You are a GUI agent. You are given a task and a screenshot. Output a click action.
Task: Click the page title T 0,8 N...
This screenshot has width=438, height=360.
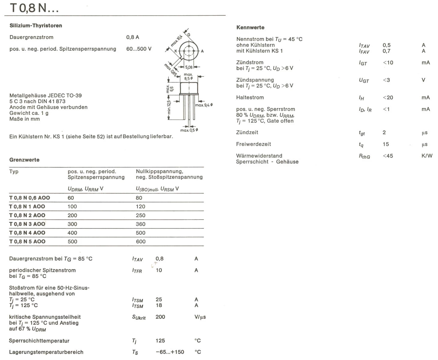click(x=34, y=8)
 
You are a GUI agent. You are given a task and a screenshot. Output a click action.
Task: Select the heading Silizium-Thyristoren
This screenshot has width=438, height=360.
click(x=36, y=25)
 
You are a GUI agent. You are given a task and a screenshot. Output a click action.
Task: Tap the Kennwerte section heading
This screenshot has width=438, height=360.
click(x=250, y=27)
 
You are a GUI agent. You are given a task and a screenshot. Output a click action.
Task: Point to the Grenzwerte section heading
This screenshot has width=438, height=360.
click(x=24, y=160)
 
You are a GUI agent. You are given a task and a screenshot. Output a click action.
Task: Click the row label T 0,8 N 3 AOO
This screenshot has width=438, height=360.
click(x=27, y=224)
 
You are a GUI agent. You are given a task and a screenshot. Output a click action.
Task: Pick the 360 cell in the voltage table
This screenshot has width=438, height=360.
click(x=141, y=224)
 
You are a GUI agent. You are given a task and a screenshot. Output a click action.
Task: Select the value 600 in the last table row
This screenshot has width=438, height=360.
click(x=141, y=241)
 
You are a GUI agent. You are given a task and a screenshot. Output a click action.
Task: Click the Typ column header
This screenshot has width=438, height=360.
click(x=14, y=171)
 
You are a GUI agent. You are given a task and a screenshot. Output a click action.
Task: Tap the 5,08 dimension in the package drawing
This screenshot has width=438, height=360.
click(x=189, y=67)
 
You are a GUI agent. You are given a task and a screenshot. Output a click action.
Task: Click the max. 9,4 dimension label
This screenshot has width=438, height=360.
click(x=204, y=105)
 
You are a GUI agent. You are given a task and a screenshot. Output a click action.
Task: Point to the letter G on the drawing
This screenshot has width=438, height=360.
click(x=189, y=35)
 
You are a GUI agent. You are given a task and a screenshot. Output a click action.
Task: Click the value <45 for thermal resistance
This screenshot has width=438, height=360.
click(x=388, y=156)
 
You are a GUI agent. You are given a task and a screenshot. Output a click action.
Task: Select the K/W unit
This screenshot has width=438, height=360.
click(x=427, y=156)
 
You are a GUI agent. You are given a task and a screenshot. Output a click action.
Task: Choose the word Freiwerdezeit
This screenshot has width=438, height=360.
click(x=253, y=144)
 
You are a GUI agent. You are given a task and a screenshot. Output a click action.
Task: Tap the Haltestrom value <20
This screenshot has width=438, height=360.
click(x=388, y=97)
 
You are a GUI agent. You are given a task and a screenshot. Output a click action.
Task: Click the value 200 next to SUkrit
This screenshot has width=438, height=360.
click(x=160, y=317)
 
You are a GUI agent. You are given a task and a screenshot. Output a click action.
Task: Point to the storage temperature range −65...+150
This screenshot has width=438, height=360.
click(x=170, y=352)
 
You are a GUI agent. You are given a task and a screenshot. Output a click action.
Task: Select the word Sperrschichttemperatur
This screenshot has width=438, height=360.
click(x=39, y=340)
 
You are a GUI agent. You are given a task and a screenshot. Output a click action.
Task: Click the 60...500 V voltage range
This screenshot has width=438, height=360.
click(x=139, y=49)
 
